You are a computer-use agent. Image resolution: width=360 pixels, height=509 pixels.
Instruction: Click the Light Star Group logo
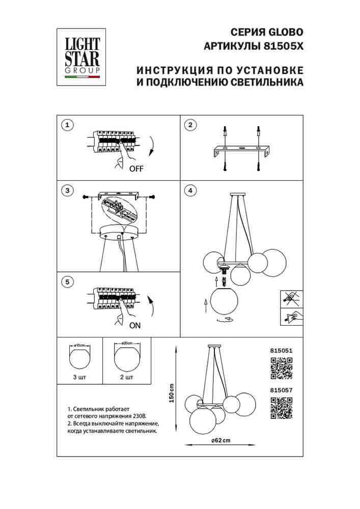81,58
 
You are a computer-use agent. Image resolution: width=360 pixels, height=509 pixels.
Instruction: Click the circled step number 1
66,125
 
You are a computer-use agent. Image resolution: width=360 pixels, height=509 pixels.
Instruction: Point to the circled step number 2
189,125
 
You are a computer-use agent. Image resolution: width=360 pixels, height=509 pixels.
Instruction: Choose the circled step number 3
66,191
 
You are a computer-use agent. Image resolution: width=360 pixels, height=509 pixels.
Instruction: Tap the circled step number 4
189,191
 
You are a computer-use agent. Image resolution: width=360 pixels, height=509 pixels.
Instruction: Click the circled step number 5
66,281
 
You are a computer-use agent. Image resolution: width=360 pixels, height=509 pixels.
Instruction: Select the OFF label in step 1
136,170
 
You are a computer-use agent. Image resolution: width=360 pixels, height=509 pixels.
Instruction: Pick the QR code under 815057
281,408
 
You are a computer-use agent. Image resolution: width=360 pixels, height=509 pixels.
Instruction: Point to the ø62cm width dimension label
217,440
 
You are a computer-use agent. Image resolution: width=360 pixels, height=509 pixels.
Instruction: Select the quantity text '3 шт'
79,377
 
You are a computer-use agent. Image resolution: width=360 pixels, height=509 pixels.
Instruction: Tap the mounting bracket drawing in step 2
240,151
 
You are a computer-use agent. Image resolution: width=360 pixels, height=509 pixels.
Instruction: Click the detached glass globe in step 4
225,301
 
